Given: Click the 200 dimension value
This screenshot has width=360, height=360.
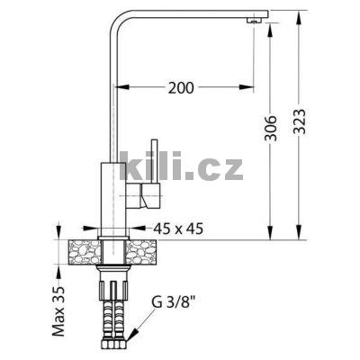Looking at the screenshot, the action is (x=181, y=87).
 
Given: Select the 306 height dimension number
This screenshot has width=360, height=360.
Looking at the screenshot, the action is (x=270, y=128).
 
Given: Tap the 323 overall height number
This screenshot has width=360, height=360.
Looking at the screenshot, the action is (x=300, y=121).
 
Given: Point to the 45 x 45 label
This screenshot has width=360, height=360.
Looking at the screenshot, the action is (x=178, y=229).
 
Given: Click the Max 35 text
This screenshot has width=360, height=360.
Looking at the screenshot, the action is (x=58, y=311).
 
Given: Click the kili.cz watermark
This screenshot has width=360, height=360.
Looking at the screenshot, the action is (x=181, y=166).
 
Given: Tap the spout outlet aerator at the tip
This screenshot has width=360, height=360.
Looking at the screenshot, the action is (x=254, y=21).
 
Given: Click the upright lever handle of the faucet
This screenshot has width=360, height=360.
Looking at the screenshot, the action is (x=155, y=162).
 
